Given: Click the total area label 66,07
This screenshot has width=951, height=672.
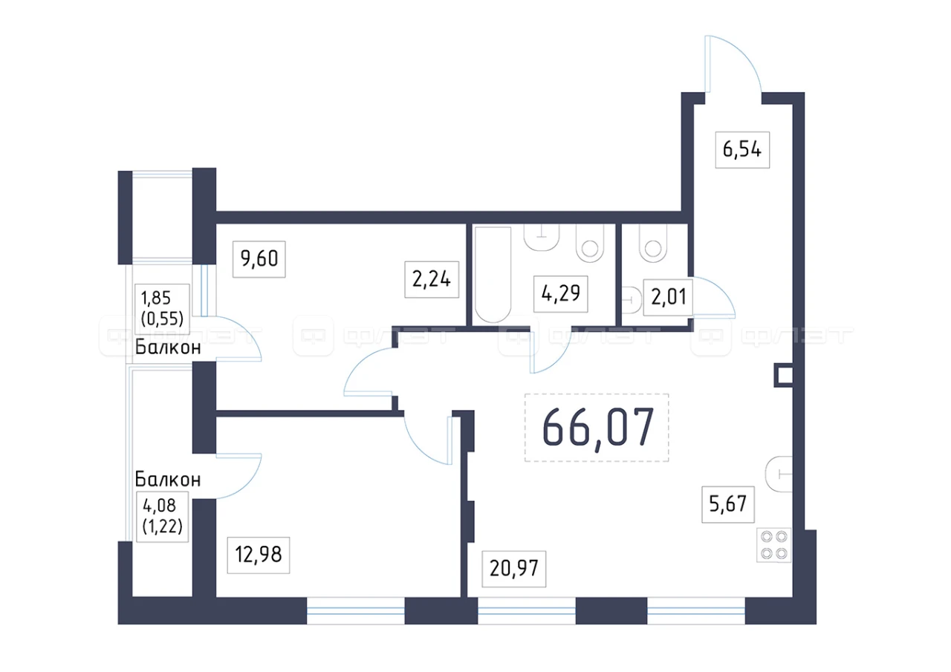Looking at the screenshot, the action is (598, 428).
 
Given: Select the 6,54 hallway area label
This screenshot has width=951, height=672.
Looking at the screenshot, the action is (742, 150).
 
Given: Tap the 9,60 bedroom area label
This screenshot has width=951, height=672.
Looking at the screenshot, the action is (259, 259).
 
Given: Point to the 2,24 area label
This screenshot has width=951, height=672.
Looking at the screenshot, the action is (432, 279).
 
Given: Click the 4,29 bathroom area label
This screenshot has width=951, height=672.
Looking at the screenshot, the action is (560, 293).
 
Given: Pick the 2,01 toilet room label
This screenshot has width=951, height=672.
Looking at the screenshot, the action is (669, 297).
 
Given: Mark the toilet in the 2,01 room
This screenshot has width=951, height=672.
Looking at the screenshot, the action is (653, 244).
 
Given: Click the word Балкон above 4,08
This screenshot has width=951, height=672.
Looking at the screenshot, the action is (168, 480).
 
